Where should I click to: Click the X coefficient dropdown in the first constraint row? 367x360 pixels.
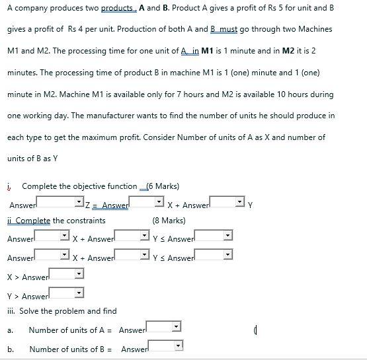tap(52, 236)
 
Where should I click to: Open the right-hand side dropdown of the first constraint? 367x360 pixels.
tap(214, 236)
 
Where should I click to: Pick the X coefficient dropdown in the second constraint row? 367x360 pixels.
tap(52, 255)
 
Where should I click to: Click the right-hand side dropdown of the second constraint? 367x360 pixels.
tap(214, 255)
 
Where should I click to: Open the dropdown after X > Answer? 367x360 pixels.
tap(66, 273)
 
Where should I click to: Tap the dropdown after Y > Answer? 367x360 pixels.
tap(66, 293)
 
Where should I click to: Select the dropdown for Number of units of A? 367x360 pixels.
tap(163, 327)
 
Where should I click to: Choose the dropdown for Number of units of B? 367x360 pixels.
tap(165, 345)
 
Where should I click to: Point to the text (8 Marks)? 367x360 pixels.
tap(169, 221)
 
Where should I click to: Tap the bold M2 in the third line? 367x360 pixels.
tap(288, 51)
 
